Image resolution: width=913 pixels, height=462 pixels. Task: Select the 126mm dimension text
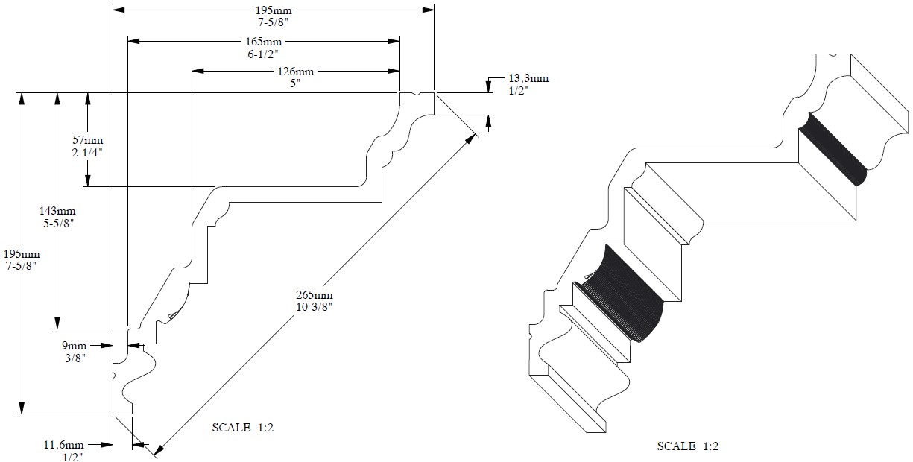296,72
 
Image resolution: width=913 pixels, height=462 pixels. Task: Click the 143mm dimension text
57,211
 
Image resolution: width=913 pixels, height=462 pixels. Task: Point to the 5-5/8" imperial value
57,223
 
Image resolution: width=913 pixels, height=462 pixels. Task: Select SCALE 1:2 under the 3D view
687,446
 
